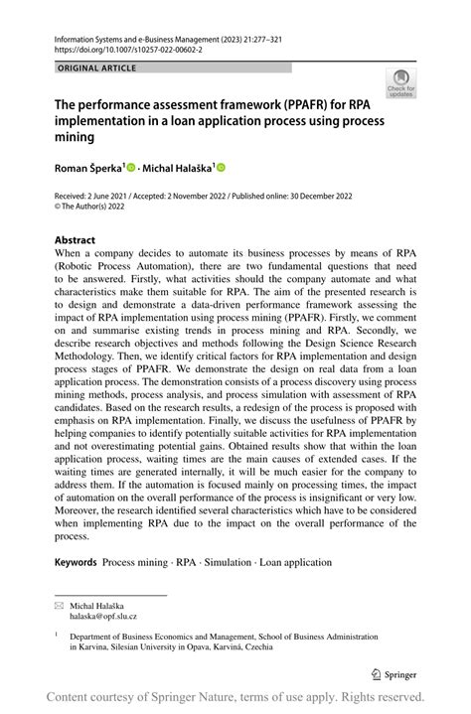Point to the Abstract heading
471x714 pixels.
(75, 240)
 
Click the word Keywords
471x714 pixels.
(76, 562)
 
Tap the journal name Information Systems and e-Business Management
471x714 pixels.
(145, 36)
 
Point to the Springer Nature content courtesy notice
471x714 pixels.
(235, 696)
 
